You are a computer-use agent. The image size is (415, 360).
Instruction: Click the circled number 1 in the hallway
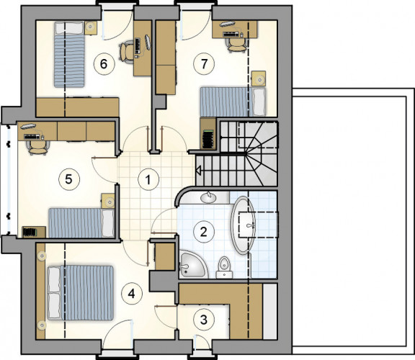click(148, 180)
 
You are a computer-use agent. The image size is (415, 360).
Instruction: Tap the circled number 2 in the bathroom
click(203, 232)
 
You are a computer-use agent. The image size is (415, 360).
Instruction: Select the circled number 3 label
click(203, 320)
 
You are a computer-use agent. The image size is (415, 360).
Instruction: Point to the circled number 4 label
click(132, 294)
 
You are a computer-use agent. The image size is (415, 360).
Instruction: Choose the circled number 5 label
click(68, 179)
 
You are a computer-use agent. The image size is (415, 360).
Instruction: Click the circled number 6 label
click(104, 64)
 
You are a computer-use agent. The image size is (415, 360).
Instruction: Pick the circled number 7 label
click(204, 64)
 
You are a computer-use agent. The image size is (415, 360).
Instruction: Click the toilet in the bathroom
click(225, 267)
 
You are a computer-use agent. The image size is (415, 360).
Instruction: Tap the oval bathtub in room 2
click(244, 225)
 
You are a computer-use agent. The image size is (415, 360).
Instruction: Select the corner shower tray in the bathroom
click(192, 264)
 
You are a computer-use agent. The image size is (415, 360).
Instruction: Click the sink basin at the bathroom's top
click(209, 197)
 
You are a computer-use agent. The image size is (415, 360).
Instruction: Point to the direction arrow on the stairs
click(198, 169)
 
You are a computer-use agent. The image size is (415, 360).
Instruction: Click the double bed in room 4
click(81, 292)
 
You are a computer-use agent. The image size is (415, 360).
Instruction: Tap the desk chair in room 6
click(127, 52)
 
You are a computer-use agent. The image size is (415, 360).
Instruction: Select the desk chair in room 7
click(236, 44)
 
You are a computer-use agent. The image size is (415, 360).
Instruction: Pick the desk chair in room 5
click(39, 147)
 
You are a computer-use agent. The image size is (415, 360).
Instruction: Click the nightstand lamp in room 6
click(91, 27)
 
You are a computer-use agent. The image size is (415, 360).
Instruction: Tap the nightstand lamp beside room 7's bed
click(259, 78)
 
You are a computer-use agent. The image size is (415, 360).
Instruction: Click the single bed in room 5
click(81, 222)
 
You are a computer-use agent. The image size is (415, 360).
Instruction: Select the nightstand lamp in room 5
click(109, 202)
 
